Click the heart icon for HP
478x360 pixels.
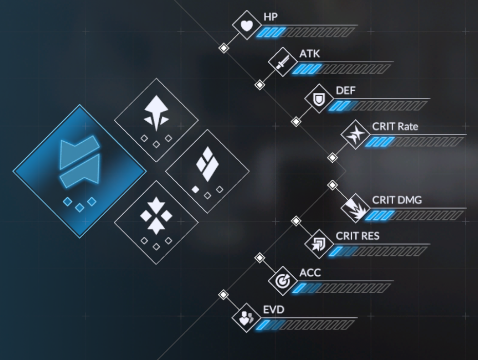pos(247,25)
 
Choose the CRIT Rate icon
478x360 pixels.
pos(356,135)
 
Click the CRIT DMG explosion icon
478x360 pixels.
pos(356,208)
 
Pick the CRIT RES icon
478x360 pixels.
pos(319,244)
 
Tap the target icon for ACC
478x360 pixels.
pos(283,280)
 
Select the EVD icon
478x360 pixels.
pos(247,317)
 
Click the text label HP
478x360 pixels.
pos(271,17)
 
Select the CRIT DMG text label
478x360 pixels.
pos(396,200)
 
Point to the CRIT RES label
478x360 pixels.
pos(357,236)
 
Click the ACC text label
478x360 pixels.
pos(310,273)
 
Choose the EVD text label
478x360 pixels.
pos(274,309)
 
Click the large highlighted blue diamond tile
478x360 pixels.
pos(80,171)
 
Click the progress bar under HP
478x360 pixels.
pos(306,32)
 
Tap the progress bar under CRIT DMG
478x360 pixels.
pos(415,215)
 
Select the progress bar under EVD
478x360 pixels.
pos(306,325)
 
